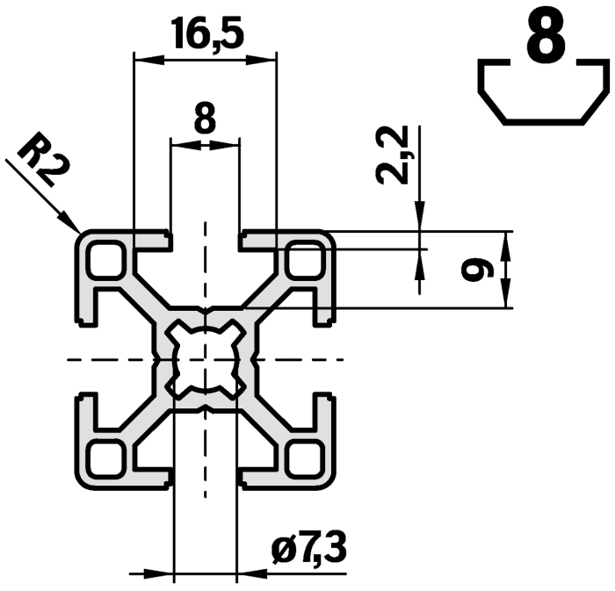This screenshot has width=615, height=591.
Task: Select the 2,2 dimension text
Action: [x=392, y=155]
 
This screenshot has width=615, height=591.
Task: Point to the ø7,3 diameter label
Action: [x=308, y=551]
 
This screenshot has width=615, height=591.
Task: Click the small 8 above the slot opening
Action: [x=204, y=119]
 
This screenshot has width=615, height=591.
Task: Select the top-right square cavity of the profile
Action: [x=305, y=260]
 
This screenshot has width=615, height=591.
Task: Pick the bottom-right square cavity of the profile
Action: [x=305, y=457]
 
